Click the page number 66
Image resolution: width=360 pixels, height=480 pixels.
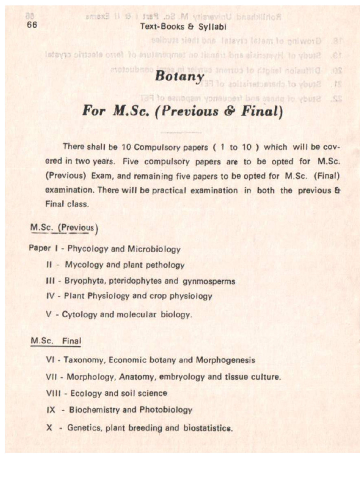tap(32, 25)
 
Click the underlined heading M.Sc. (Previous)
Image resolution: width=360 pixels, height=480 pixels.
tap(63, 228)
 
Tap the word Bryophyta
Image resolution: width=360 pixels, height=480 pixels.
tap(84, 281)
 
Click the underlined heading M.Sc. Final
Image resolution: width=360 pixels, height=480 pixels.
tap(55, 341)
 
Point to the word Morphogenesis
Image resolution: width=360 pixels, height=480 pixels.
tap(225, 360)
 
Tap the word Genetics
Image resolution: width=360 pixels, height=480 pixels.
tap(85, 427)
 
